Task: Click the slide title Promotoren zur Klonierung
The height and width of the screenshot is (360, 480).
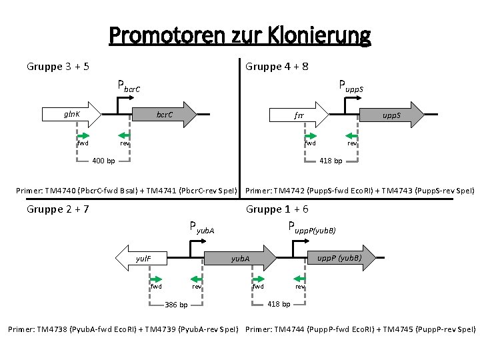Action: [239, 35]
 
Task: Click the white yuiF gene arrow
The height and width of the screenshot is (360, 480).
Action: [144, 257]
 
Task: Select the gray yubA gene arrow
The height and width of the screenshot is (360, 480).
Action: [240, 258]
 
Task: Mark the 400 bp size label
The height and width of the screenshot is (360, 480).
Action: [103, 161]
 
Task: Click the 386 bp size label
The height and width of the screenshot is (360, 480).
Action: [176, 305]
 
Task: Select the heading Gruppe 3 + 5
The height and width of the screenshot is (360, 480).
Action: [59, 67]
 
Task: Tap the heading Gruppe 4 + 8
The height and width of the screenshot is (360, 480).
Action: [277, 67]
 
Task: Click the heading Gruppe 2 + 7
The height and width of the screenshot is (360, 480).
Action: [59, 209]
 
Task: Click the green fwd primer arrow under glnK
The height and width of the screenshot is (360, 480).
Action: [83, 135]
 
